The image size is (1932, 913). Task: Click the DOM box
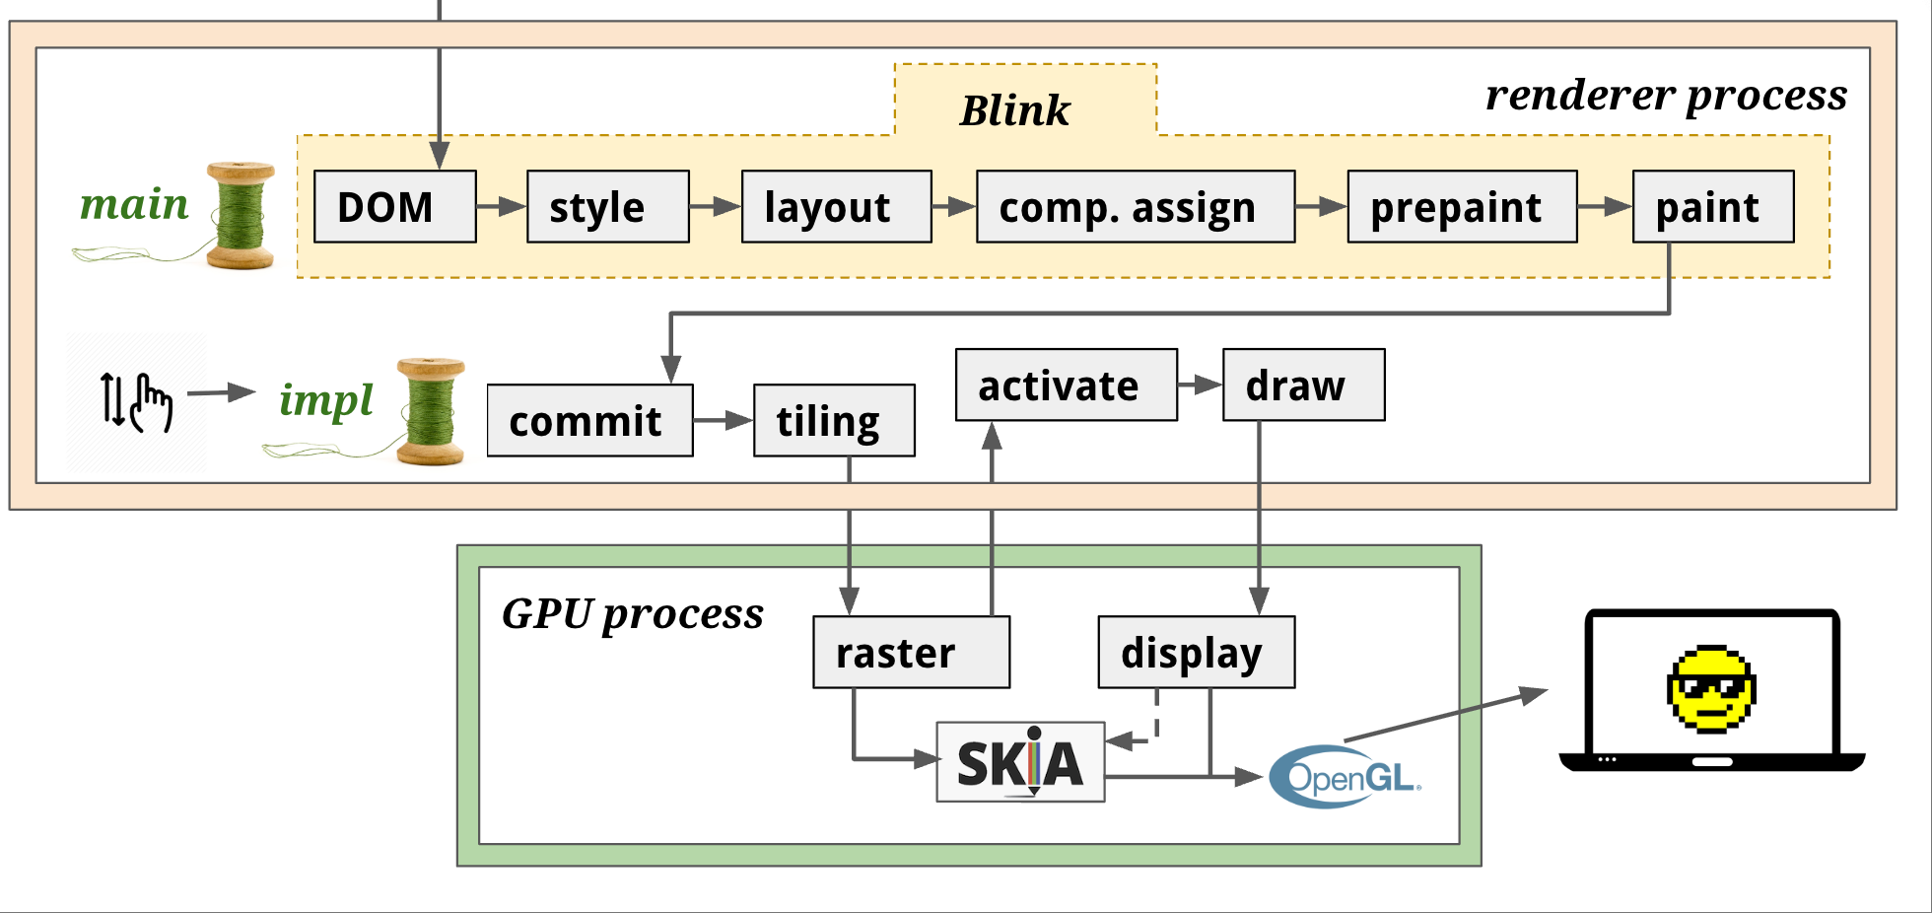tap(395, 206)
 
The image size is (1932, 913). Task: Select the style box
tap(608, 206)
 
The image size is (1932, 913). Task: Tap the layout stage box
tap(837, 206)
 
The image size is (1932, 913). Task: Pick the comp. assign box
tap(1136, 206)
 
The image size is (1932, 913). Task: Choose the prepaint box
tap(1463, 206)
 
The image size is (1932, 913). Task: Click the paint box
tap(1713, 206)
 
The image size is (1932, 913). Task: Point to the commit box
tap(590, 420)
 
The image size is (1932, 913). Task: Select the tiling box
tap(835, 420)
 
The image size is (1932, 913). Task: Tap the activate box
tap(1067, 385)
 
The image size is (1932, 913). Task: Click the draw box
tap(1304, 385)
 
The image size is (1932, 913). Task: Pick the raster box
tap(912, 652)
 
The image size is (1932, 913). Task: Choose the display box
tap(1197, 652)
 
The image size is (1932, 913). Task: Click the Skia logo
tap(1020, 762)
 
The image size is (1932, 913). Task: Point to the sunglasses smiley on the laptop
tap(1711, 689)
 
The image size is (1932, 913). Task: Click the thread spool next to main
tap(241, 215)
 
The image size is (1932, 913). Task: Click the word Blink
tap(1015, 110)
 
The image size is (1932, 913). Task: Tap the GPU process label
tap(633, 614)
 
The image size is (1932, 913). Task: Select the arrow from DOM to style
tap(502, 206)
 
